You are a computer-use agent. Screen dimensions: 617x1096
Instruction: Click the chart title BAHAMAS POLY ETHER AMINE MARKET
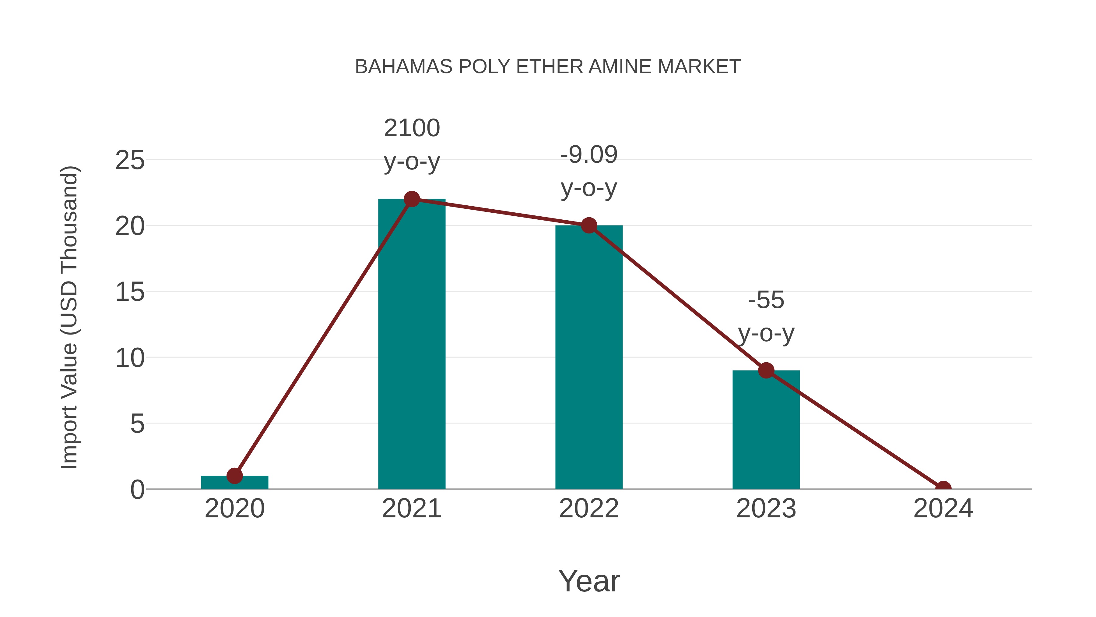(x=548, y=67)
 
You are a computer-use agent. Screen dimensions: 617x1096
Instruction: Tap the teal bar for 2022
(x=588, y=362)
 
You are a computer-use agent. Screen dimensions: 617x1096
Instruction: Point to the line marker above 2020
(x=234, y=476)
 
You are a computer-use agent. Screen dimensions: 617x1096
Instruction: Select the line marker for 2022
(x=588, y=225)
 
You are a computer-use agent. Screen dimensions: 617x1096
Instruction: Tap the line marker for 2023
(x=766, y=371)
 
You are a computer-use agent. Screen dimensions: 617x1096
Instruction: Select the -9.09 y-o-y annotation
(x=588, y=171)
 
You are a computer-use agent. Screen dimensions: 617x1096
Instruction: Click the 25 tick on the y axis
(x=130, y=161)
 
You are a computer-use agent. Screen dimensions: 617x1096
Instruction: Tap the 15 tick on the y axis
(x=130, y=293)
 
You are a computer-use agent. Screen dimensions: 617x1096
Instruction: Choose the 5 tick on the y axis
(x=137, y=424)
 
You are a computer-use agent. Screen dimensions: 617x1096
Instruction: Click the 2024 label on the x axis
(x=943, y=509)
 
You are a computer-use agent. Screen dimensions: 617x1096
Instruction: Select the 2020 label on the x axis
(x=234, y=509)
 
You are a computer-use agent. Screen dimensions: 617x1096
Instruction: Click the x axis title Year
(x=588, y=581)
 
